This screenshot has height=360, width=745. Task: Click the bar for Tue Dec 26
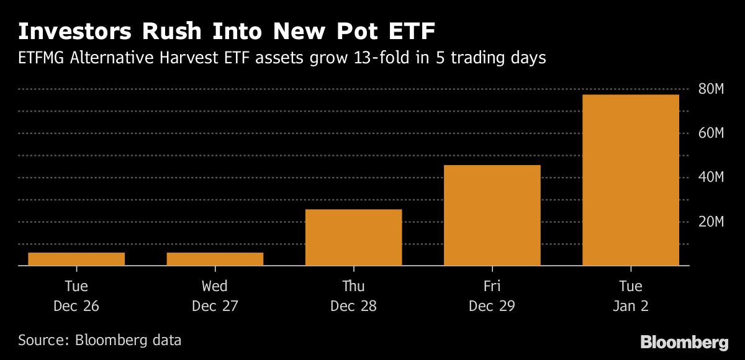(x=76, y=259)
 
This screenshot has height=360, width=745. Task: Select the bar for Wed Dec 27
(x=215, y=259)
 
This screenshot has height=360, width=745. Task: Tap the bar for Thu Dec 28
(x=353, y=238)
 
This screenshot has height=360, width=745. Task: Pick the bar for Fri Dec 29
(x=492, y=215)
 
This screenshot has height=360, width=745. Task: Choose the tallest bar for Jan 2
(x=630, y=180)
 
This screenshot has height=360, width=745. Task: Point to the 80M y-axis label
(x=711, y=89)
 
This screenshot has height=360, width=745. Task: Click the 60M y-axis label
(x=711, y=133)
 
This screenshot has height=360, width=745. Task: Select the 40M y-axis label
(x=711, y=178)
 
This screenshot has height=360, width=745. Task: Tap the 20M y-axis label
(x=711, y=222)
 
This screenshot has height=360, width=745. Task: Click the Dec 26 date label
(x=76, y=306)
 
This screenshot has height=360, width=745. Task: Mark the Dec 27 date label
(x=215, y=306)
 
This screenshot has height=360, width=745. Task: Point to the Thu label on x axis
(x=353, y=286)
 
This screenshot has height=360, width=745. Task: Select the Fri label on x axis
(x=492, y=286)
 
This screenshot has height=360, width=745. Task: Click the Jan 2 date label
(x=630, y=306)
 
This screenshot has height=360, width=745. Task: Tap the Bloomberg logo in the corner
(x=684, y=342)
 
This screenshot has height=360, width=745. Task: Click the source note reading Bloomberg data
(x=128, y=340)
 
